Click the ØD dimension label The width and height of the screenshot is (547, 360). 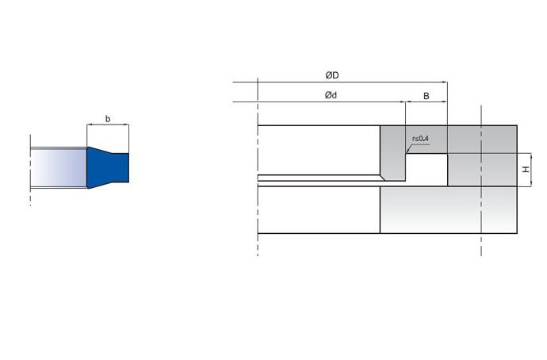[x=331, y=75]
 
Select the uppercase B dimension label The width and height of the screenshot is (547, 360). [x=426, y=96]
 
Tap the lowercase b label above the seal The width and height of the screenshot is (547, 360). [x=108, y=119]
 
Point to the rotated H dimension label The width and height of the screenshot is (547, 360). [x=526, y=170]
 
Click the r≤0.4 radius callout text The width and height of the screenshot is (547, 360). [x=420, y=139]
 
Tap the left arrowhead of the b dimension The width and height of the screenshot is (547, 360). [x=90, y=124]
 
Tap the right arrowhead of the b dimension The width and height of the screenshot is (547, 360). [x=126, y=124]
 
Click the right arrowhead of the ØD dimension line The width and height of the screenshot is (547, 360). [x=445, y=82]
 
